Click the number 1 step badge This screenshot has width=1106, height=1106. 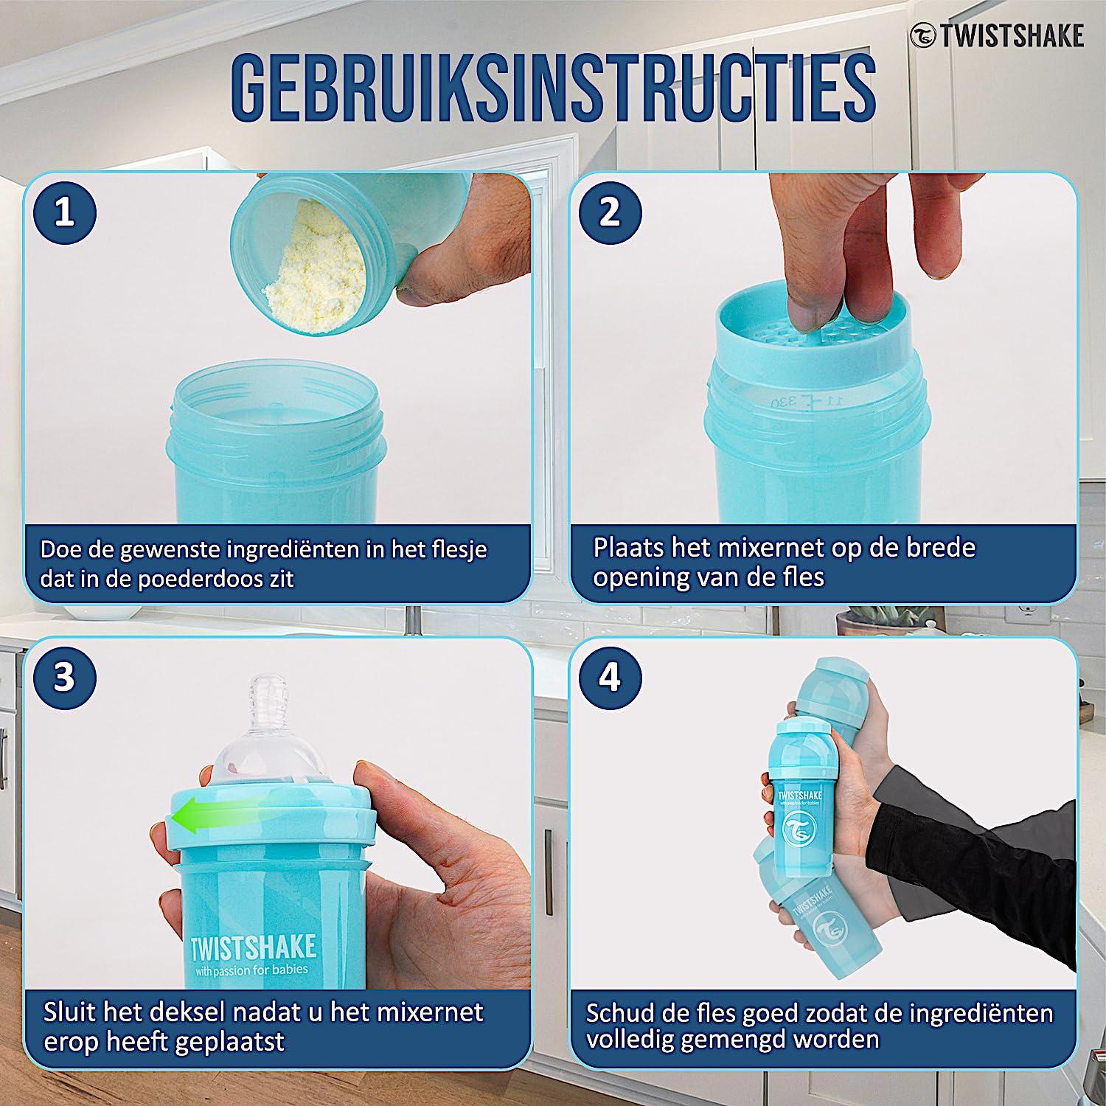pyautogui.click(x=65, y=213)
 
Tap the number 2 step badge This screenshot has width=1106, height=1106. pyautogui.click(x=610, y=213)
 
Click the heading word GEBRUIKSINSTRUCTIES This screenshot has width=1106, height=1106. pyautogui.click(x=553, y=87)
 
